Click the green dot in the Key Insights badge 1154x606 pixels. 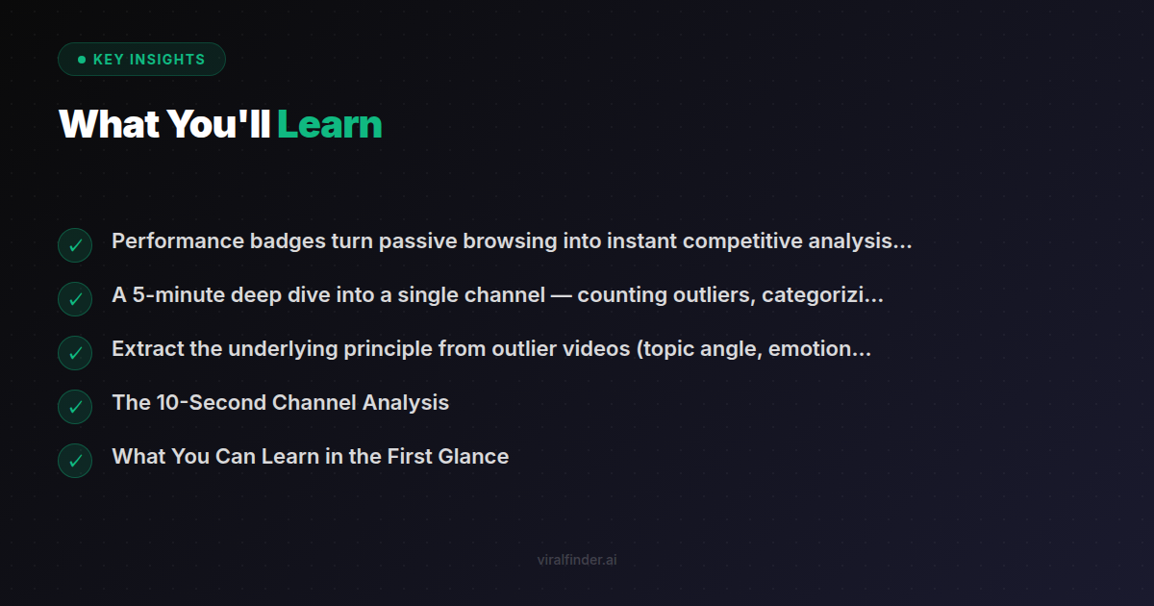point(82,60)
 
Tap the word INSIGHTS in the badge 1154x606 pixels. point(167,60)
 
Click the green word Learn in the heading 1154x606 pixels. point(330,125)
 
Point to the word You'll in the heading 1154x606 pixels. point(218,125)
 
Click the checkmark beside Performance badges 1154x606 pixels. point(75,245)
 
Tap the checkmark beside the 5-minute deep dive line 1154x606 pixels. point(75,299)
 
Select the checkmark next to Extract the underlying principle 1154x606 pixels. point(75,353)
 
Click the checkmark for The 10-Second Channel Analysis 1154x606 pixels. point(75,407)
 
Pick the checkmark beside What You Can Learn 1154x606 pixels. point(75,461)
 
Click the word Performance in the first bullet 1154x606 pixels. point(178,241)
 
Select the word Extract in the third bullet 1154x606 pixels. point(148,349)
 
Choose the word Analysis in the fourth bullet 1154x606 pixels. point(405,403)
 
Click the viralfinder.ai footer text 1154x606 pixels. point(577,560)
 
